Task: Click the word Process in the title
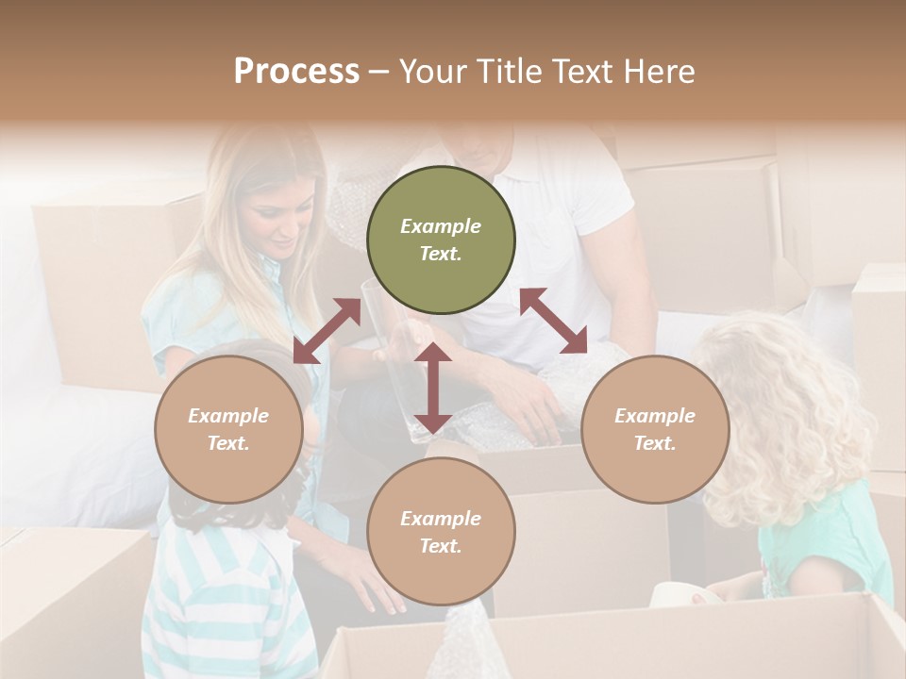tap(296, 72)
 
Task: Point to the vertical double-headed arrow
tap(433, 388)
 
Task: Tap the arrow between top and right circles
tap(554, 321)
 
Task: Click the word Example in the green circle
tap(441, 226)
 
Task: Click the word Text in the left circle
tap(228, 443)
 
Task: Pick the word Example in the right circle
tap(655, 416)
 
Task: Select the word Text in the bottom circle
tap(441, 546)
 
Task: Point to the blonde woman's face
tap(280, 222)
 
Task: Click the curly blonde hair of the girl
tap(793, 415)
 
